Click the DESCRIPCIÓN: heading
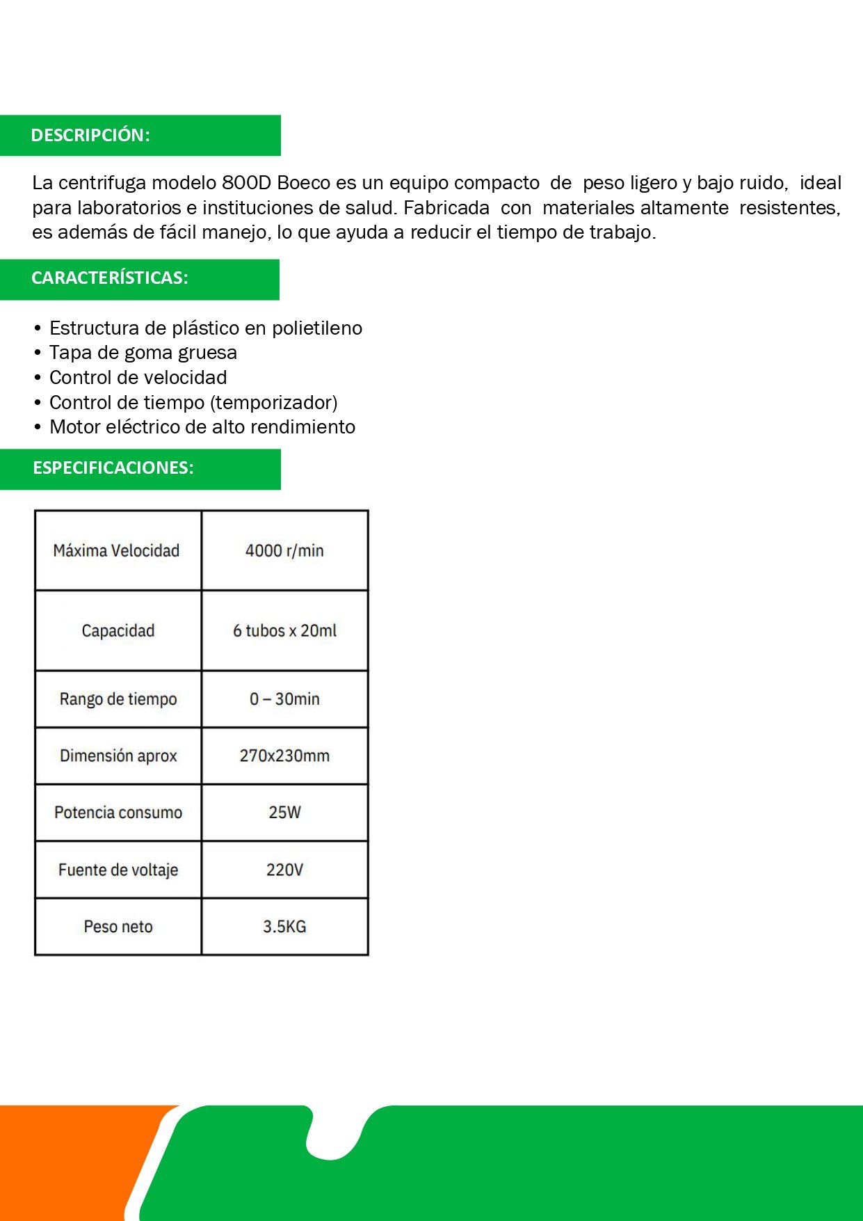[90, 135]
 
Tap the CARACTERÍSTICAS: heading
[109, 278]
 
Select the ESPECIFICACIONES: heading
[113, 468]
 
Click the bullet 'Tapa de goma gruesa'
[143, 353]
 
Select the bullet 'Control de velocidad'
[138, 378]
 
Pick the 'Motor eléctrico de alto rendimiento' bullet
[202, 427]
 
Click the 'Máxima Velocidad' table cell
[117, 551]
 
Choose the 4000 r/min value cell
[284, 551]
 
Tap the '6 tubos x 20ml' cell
[284, 631]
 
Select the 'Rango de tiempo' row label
[118, 699]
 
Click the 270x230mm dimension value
[284, 756]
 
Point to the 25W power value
[284, 813]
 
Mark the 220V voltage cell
[284, 870]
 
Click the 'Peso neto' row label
[118, 927]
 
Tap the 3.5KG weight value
[284, 927]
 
